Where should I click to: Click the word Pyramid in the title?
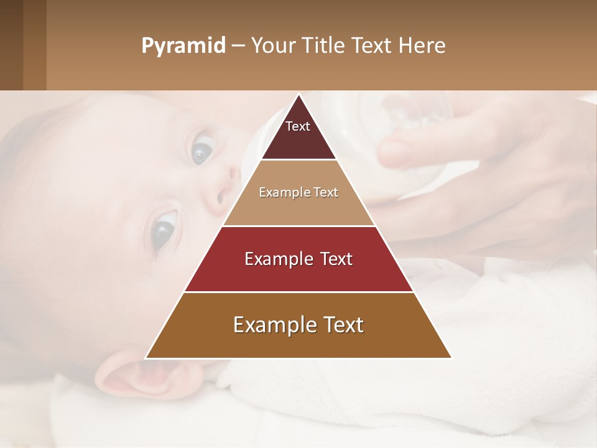tap(183, 46)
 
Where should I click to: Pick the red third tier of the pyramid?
tap(298, 274)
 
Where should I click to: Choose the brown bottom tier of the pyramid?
tap(298, 339)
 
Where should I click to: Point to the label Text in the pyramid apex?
tap(298, 126)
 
